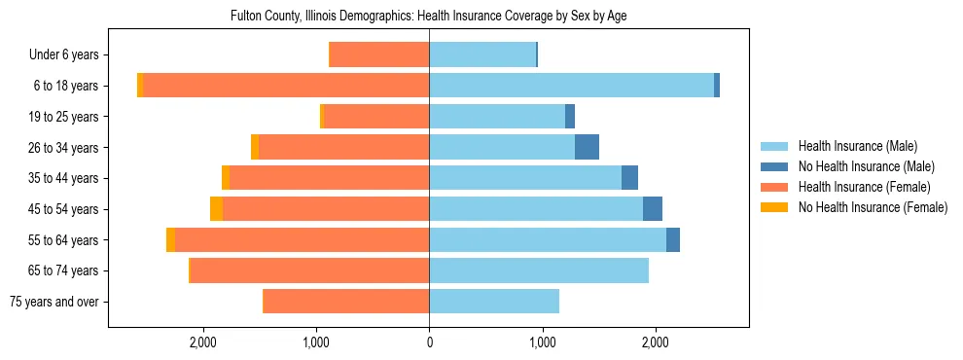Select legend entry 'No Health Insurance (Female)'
click(872, 207)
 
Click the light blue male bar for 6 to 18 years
click(571, 86)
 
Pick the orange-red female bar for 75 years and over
click(346, 302)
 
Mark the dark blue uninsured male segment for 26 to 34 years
click(587, 147)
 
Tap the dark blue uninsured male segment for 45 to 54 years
click(653, 209)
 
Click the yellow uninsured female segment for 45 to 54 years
click(216, 209)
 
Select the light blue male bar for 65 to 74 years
click(539, 270)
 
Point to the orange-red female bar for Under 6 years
click(379, 54)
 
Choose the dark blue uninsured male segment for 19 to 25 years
click(570, 117)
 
